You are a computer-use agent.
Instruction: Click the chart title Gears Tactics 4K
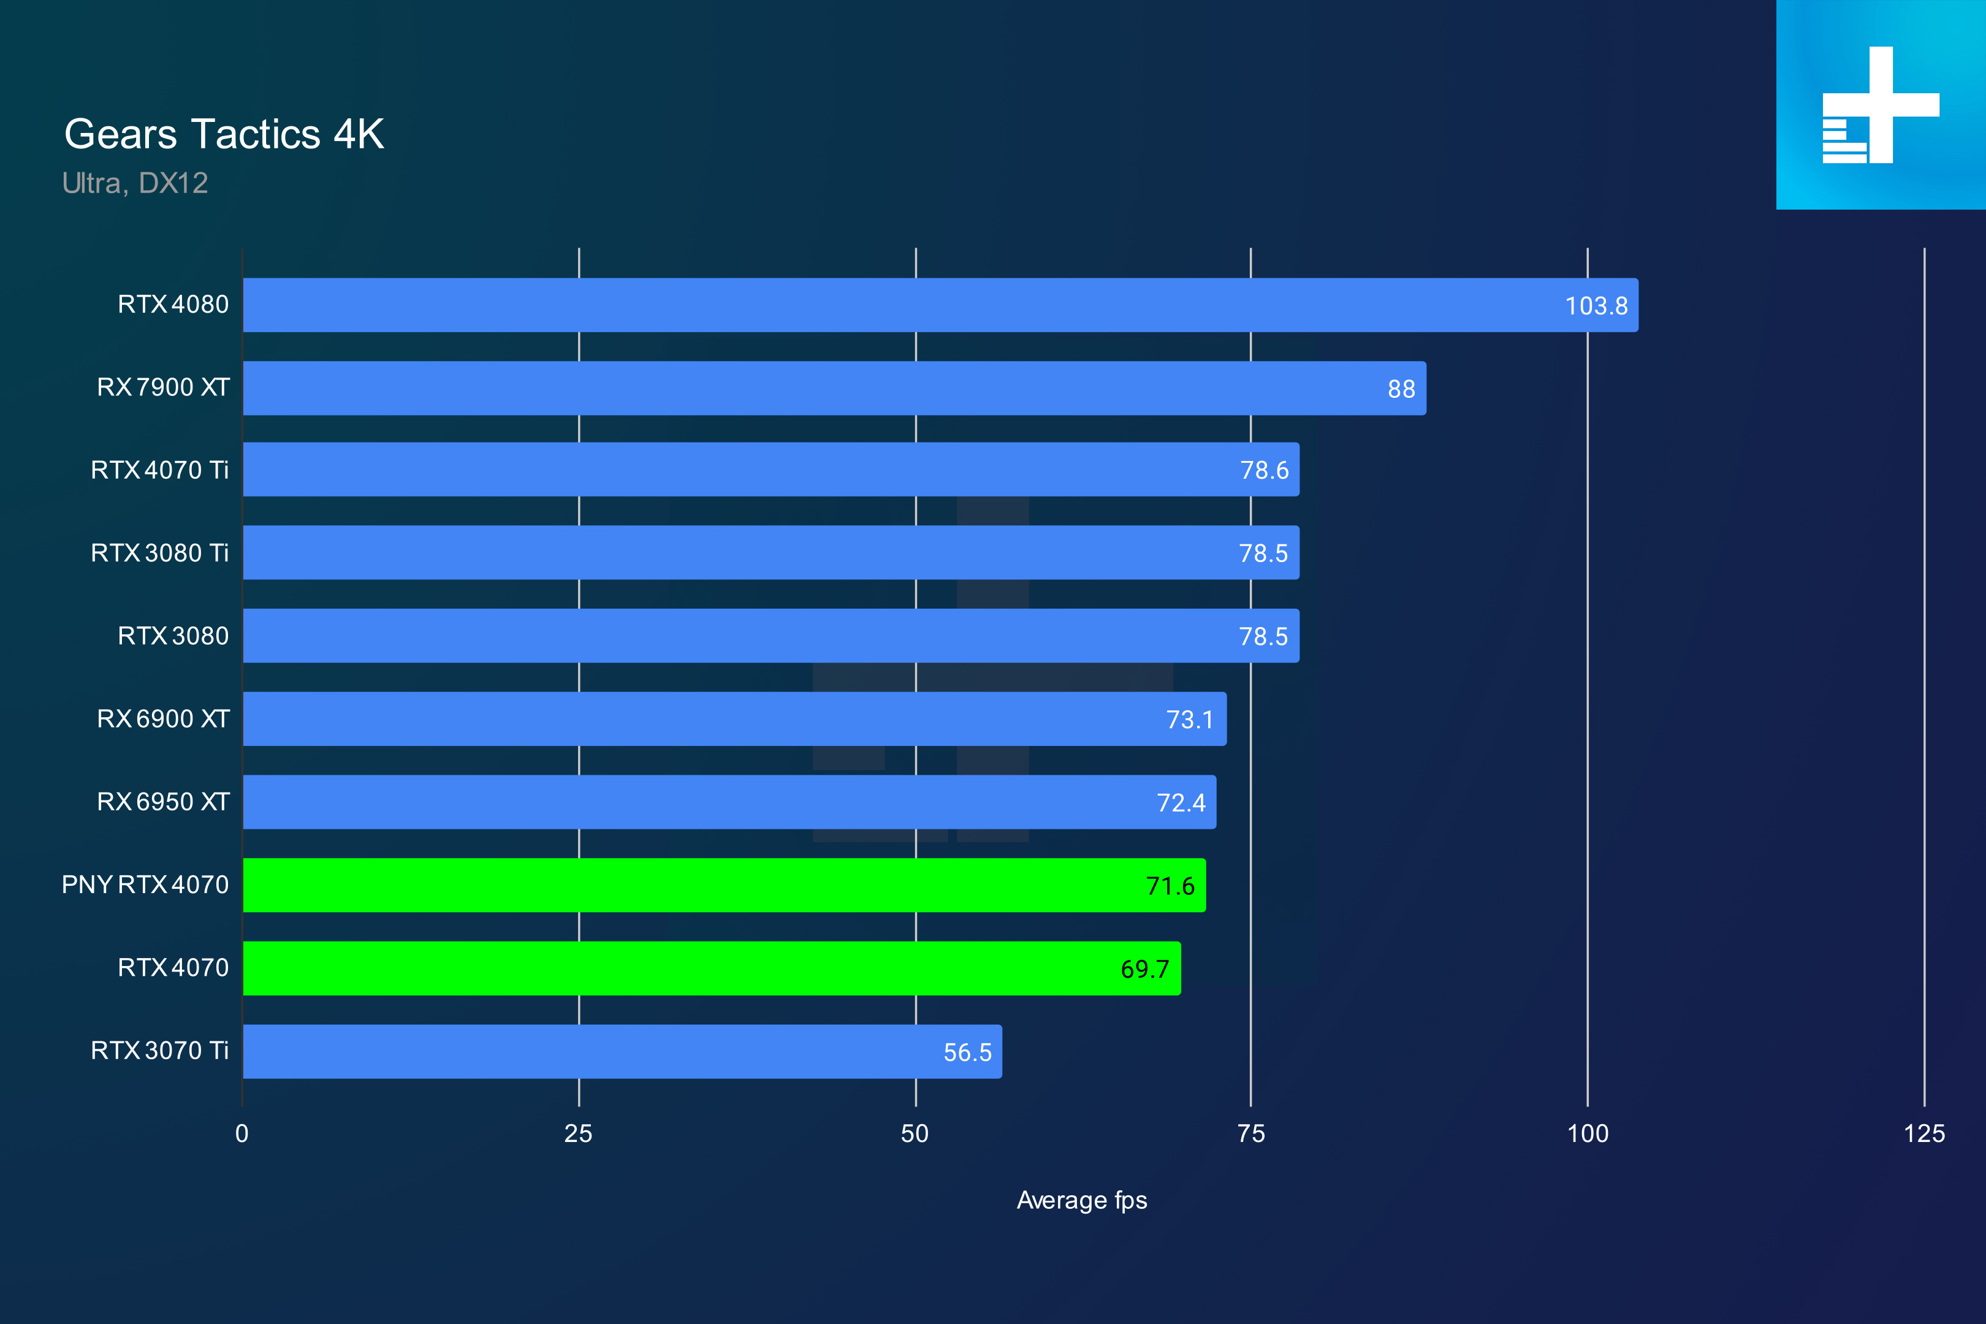click(x=224, y=134)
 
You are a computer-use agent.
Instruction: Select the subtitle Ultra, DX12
click(x=135, y=183)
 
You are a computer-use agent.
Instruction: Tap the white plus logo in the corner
click(x=1881, y=105)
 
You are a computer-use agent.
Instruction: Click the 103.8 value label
click(x=1596, y=306)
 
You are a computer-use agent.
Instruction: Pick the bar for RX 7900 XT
click(x=834, y=389)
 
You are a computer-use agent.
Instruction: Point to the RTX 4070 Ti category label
click(x=159, y=470)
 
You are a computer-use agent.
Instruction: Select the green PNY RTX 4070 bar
click(x=724, y=885)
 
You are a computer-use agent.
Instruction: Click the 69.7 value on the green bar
click(x=1144, y=969)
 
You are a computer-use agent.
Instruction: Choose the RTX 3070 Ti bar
click(x=622, y=1051)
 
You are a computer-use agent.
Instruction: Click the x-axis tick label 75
click(x=1250, y=1134)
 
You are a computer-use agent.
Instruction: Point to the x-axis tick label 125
click(x=1923, y=1134)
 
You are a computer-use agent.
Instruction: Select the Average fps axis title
click(x=1082, y=1200)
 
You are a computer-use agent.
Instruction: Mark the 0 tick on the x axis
click(x=242, y=1134)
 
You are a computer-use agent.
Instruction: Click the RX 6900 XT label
click(x=163, y=718)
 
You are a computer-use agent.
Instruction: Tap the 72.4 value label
click(x=1181, y=803)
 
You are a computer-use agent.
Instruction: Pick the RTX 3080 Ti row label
click(x=159, y=553)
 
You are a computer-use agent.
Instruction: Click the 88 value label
click(x=1401, y=389)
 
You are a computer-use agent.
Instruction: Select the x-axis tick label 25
click(x=579, y=1134)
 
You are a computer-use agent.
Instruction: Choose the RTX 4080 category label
click(x=173, y=304)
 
